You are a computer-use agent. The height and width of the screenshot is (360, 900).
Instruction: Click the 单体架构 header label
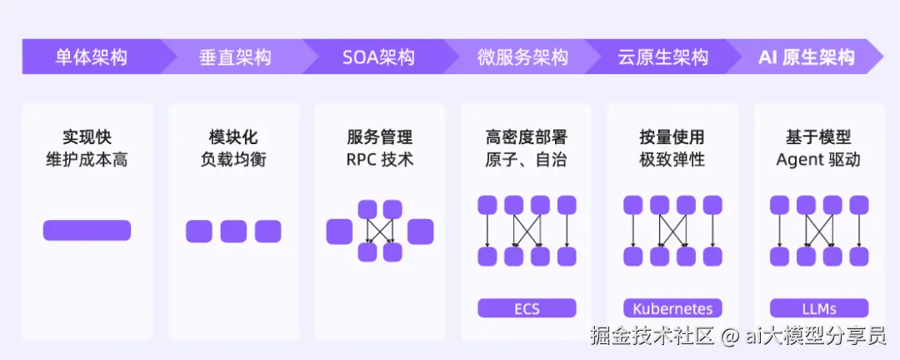point(92,57)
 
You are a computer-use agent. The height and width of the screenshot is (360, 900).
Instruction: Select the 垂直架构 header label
point(235,57)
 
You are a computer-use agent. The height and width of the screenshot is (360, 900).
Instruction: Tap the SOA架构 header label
point(378,57)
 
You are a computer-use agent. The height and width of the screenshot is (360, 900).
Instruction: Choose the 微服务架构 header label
point(522,57)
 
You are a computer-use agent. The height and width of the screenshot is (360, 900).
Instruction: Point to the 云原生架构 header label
point(663,57)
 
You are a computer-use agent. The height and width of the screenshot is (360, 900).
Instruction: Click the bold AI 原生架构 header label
point(807,57)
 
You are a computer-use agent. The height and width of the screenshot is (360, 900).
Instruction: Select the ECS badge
point(527,308)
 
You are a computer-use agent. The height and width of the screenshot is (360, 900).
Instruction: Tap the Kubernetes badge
point(672,308)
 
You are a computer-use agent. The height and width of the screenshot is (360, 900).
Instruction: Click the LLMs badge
point(819,308)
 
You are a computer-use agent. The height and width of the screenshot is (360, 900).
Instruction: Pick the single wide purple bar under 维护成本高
point(87,230)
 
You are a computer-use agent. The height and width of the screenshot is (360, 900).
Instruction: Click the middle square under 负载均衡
point(233,232)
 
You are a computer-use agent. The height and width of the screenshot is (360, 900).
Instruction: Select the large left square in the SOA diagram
point(339,232)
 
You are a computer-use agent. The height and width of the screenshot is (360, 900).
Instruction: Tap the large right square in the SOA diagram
point(421,232)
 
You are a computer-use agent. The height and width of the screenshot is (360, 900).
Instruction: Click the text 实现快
point(87,137)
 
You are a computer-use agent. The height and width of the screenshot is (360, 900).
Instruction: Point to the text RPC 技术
point(380,159)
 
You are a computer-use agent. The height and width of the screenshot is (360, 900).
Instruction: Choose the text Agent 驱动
point(818,159)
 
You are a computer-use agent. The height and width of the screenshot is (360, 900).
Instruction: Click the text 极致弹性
point(672,159)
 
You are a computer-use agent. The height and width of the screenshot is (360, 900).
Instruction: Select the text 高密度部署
point(527,137)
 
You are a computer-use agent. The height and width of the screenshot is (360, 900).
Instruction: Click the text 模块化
point(233,137)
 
